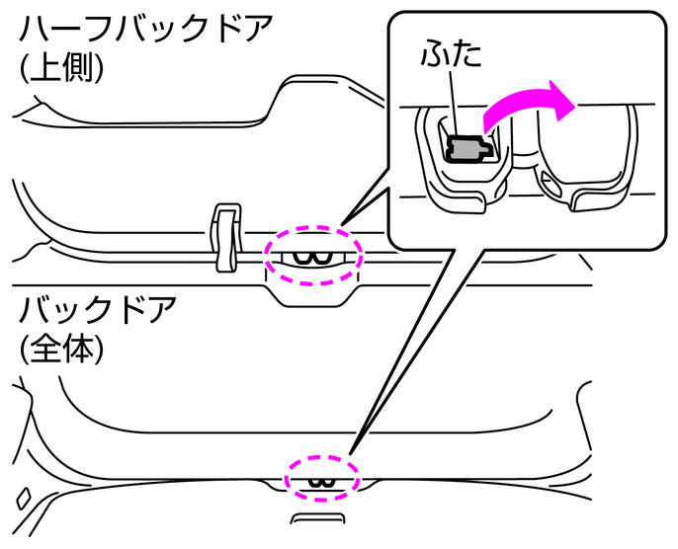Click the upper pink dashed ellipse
coord(313,237)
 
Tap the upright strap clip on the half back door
coord(225,237)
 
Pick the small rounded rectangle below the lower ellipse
coord(317,519)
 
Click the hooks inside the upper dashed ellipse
coord(315,258)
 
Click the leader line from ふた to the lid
coord(452,104)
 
